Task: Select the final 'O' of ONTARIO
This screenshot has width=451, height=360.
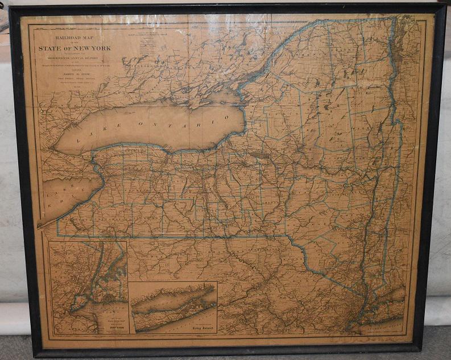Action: (226, 118)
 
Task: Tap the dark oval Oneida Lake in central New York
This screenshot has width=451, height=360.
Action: (260, 155)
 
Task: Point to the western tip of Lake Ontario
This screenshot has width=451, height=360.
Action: (52, 148)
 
